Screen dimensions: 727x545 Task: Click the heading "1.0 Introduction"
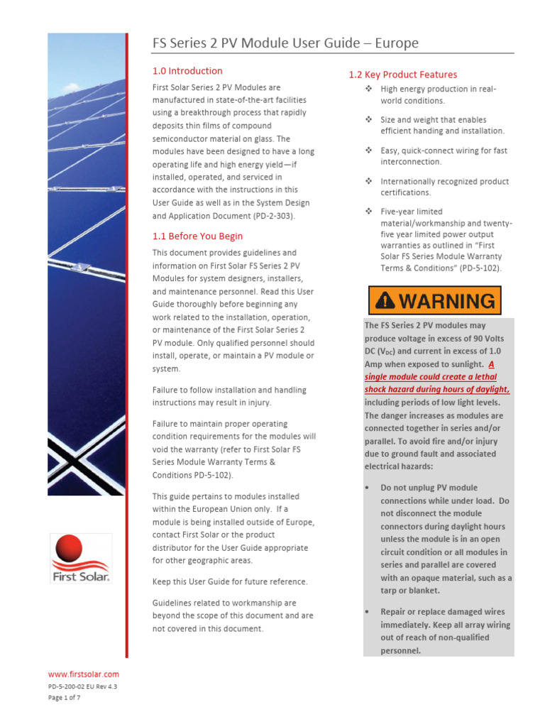click(187, 71)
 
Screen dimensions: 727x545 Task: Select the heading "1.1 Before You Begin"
click(197, 236)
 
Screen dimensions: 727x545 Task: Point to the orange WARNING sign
click(434, 300)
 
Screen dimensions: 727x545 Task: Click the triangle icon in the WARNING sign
click(384, 300)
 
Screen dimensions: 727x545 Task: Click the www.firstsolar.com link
click(84, 674)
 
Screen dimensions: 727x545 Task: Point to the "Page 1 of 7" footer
click(65, 699)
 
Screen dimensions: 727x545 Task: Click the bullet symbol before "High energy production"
click(368, 89)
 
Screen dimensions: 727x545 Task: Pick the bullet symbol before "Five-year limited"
click(368, 212)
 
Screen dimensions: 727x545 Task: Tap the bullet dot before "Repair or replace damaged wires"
click(367, 612)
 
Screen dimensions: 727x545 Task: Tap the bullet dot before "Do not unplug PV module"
click(367, 488)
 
